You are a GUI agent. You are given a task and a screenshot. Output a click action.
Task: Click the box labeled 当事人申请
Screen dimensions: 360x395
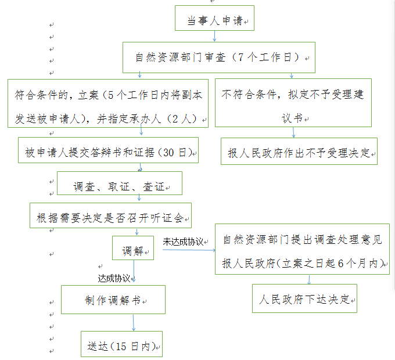click(214, 20)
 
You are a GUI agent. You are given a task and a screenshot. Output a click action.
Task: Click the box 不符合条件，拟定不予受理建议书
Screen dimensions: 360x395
click(293, 103)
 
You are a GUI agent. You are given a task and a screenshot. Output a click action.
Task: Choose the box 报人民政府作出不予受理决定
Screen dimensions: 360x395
click(299, 152)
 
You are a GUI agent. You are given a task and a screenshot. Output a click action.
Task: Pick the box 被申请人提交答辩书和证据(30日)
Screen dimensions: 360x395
click(109, 152)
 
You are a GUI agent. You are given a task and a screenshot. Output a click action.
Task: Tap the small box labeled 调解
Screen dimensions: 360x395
click(133, 251)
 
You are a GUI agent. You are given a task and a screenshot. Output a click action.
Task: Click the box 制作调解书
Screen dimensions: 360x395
click(113, 300)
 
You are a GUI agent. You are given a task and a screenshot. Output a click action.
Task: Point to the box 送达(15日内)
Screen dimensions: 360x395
click(121, 345)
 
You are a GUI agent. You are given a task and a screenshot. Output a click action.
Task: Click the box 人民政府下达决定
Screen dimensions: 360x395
click(304, 299)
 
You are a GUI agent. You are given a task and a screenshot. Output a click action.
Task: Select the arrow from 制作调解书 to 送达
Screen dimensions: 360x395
click(134, 323)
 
